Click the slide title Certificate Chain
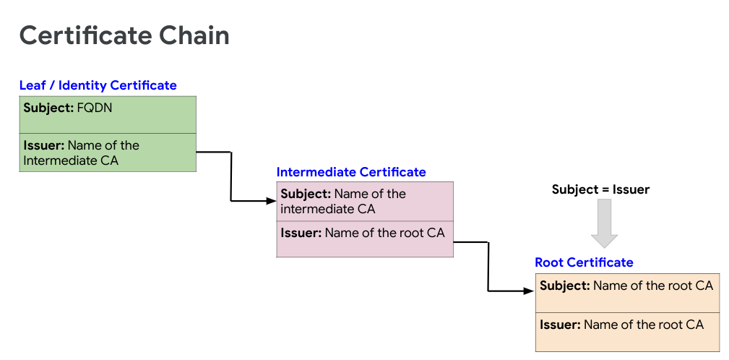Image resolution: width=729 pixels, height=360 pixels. point(124,35)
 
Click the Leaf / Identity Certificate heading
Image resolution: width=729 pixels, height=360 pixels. point(98,85)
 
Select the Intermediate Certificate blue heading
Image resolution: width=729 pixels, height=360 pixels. point(351,172)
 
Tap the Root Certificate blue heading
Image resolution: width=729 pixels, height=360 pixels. point(584,262)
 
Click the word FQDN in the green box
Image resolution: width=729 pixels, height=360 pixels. point(95,108)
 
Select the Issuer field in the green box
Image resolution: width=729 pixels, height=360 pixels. point(107,153)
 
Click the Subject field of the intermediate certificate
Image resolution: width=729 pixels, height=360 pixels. point(365,202)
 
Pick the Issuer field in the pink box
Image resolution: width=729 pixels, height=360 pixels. point(365,239)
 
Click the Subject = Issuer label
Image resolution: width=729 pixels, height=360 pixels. point(600,189)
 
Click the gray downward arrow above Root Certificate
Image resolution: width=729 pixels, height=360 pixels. point(604,223)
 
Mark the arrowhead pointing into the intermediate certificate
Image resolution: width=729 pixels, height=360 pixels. point(271,200)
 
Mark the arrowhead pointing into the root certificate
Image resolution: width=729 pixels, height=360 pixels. point(530,291)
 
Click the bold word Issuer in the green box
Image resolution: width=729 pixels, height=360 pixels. point(43,145)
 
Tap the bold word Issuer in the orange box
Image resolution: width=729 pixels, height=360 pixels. point(560,325)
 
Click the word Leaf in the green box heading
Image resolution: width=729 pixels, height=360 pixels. point(32,85)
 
